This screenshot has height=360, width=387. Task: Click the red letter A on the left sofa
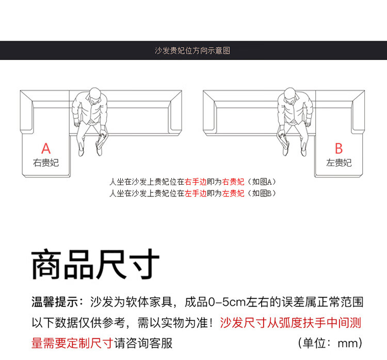(46, 149)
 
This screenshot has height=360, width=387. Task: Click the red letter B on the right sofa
(338, 149)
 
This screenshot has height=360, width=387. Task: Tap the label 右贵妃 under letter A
(46, 163)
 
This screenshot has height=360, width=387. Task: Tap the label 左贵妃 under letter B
(338, 163)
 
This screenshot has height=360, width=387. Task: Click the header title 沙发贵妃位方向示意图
(192, 51)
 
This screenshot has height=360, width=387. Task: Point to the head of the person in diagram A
(95, 95)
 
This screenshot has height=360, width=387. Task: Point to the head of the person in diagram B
(290, 95)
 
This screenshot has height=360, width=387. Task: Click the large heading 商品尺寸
(95, 264)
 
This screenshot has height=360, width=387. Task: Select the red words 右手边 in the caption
(196, 182)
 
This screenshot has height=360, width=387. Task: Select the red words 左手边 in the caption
(196, 193)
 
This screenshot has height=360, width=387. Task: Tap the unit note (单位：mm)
(330, 343)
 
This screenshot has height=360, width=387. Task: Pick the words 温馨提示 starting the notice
(55, 302)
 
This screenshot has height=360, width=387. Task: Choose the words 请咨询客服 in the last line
(143, 343)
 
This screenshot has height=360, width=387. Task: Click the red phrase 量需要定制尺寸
(73, 343)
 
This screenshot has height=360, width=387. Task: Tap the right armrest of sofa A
(175, 112)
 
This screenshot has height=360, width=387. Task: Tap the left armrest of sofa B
(209, 112)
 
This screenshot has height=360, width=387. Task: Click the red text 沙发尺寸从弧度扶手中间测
(291, 323)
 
